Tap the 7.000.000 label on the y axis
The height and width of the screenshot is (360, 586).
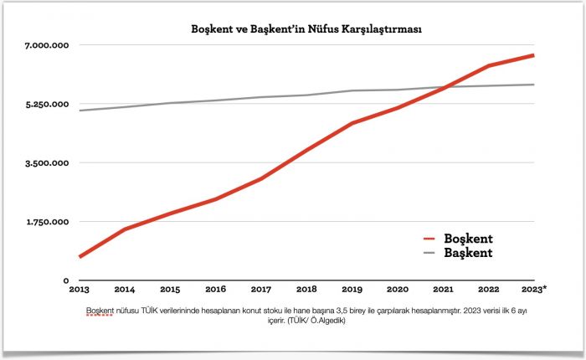[x=39, y=44]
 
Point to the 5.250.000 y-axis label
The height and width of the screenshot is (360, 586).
[x=39, y=104]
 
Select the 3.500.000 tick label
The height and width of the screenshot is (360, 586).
[x=39, y=163]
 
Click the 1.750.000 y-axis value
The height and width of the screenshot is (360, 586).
[x=39, y=222]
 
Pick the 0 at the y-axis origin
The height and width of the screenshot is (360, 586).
[x=64, y=280]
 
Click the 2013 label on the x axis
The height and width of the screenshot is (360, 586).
[x=80, y=290]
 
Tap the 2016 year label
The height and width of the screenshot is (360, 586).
[x=215, y=290]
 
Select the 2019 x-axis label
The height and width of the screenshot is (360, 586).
[x=352, y=290]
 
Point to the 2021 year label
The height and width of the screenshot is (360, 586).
[x=442, y=290]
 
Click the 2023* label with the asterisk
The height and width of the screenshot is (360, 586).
[x=533, y=290]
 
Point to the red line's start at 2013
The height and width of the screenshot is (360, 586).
[x=80, y=256]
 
